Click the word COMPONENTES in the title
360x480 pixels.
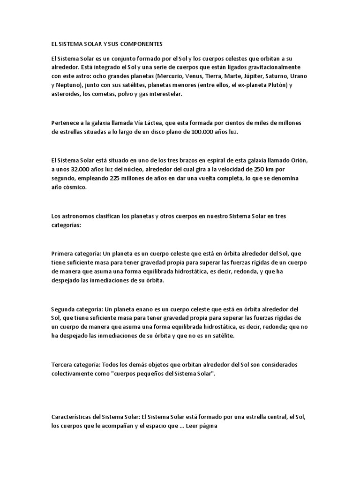(141, 44)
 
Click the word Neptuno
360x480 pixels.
(69, 85)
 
